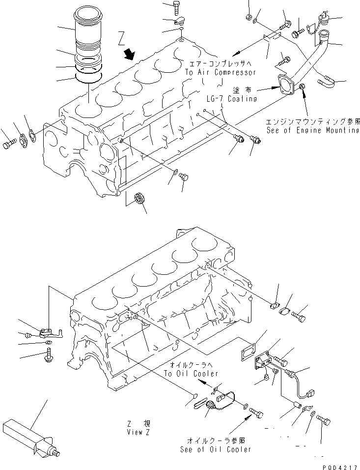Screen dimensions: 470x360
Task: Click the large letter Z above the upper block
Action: (122, 38)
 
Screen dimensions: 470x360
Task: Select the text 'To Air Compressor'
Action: (220, 72)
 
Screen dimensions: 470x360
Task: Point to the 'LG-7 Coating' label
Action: (232, 99)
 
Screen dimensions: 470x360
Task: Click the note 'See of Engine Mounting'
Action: (313, 131)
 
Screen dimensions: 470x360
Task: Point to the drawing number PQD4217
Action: (340, 463)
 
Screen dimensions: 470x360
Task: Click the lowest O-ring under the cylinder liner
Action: (88, 78)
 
